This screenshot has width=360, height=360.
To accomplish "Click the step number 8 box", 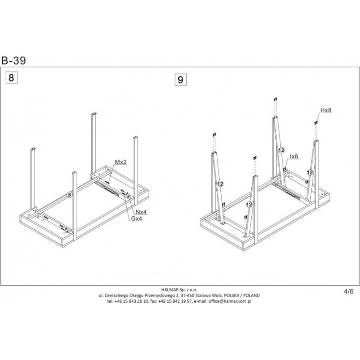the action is (x=11, y=78).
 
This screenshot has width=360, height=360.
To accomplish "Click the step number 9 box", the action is (x=180, y=80).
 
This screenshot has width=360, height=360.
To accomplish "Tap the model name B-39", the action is (x=13, y=60).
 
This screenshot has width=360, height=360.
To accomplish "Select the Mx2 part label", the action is (x=121, y=162).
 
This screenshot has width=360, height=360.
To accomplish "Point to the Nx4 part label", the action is (x=141, y=212).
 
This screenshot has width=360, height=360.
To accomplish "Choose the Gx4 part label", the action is (x=137, y=219).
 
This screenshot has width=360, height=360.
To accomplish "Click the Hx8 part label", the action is (x=326, y=110).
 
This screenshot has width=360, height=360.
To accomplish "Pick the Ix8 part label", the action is (x=294, y=156).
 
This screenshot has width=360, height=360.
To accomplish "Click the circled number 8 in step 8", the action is (x=69, y=195).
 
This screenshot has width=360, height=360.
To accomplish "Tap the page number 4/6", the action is (x=349, y=291).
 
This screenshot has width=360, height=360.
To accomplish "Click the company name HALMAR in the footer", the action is (x=170, y=290).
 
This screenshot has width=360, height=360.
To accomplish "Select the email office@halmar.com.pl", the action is (x=230, y=301).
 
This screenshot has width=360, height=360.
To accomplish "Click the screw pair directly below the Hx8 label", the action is (x=316, y=123).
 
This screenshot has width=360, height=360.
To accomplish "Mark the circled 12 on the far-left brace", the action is (x=220, y=184).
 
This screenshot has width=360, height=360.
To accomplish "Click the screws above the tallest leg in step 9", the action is (x=275, y=99).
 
